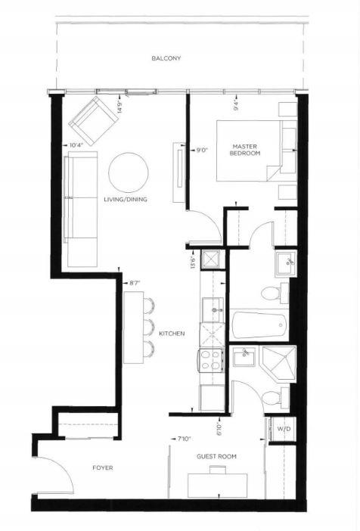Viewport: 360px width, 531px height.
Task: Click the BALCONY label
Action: (166, 58)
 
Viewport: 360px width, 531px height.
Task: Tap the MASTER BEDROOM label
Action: (245, 150)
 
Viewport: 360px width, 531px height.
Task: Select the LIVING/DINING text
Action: (126, 200)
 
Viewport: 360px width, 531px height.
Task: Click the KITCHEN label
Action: (172, 334)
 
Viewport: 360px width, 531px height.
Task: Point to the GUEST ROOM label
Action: (216, 457)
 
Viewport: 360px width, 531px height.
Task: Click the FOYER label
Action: (103, 468)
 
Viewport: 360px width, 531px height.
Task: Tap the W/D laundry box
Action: (284, 429)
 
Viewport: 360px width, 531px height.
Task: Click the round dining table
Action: (129, 172)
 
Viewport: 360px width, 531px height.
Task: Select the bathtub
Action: (260, 325)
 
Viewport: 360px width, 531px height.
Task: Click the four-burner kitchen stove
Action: (211, 360)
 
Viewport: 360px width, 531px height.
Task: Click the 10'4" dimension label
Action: (76, 145)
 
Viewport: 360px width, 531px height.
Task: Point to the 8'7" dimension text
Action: (135, 282)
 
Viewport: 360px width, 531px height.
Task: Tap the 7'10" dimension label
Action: (184, 439)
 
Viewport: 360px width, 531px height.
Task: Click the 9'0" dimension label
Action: (201, 149)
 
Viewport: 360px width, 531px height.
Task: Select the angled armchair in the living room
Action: (94, 120)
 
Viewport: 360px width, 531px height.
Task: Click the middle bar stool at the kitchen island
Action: (149, 327)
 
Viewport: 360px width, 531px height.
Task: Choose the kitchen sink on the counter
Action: (213, 309)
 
